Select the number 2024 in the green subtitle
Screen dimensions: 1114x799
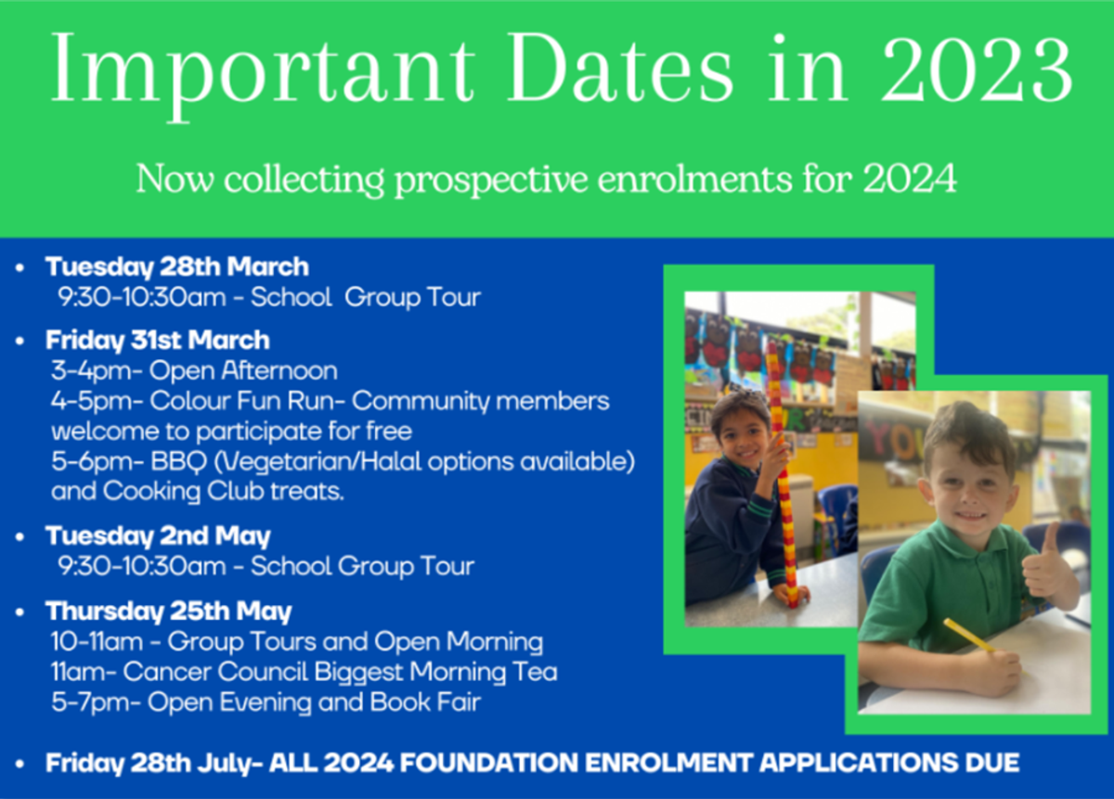point(910,178)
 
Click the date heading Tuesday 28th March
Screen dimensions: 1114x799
point(177,267)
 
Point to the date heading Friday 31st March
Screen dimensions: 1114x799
point(158,341)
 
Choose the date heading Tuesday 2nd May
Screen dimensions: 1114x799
point(158,536)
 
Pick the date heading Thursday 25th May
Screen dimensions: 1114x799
point(169,612)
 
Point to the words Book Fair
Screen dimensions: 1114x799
point(425,702)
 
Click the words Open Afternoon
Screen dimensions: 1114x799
point(243,371)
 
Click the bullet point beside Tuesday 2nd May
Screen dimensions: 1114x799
point(19,537)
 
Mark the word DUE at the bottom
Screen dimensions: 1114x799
point(992,763)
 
